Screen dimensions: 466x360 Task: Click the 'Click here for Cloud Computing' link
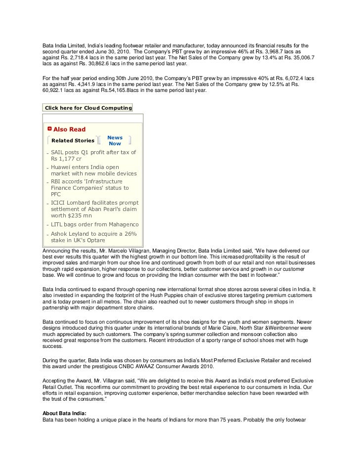88,108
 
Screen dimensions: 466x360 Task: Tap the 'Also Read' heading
69,129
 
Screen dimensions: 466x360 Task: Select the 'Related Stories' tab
73,140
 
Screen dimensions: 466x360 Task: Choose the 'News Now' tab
115,140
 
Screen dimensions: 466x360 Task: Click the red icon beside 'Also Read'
49,129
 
